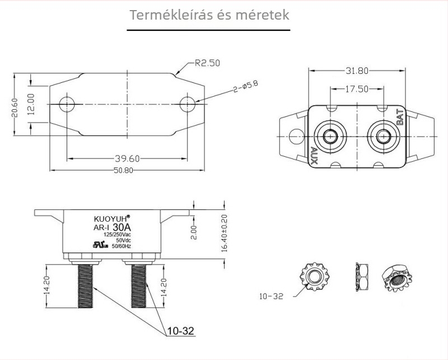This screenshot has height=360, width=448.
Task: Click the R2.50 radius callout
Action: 207,63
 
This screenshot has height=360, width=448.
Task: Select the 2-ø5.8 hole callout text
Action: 246,87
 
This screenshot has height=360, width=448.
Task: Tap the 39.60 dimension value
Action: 127,158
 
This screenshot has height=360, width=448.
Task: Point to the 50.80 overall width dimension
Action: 123,170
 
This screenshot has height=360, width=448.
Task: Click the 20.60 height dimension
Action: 15,107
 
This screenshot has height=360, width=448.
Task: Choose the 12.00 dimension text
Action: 31,104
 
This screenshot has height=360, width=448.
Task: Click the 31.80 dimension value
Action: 357,71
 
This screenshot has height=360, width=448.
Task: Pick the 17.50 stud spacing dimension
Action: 357,89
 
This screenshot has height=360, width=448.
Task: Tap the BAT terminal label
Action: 400,116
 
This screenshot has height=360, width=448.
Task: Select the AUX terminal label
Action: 314,156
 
